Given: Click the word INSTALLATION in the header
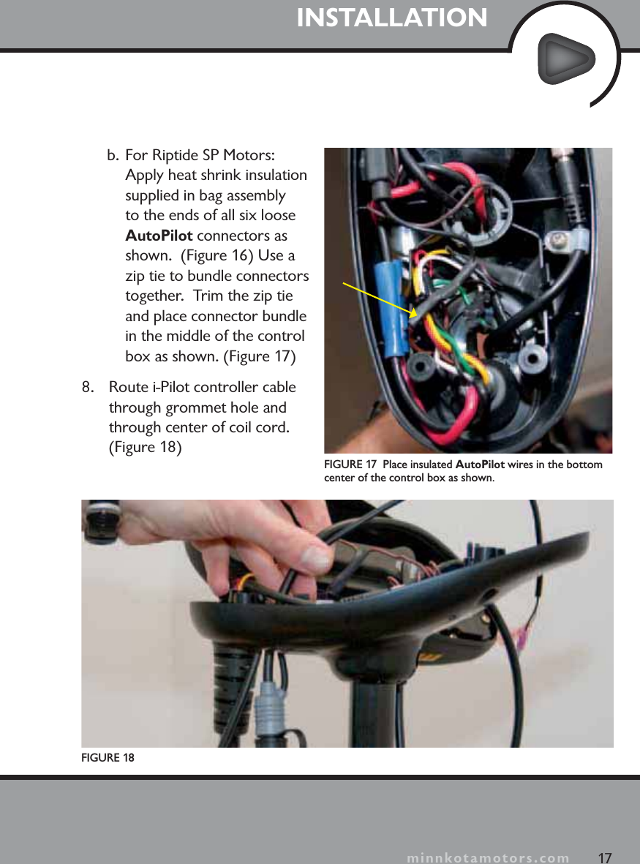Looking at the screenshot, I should click(392, 18).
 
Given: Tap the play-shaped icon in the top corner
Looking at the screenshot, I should click(565, 61).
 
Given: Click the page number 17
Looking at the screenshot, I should click(604, 857).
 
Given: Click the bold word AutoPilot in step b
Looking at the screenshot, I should click(159, 236).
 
